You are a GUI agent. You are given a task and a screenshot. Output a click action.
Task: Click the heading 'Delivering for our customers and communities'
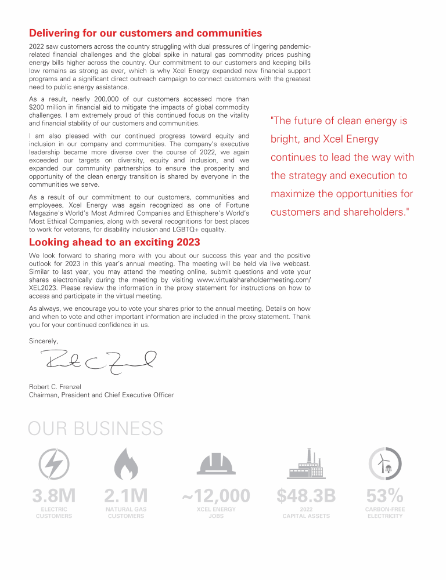(x=145, y=33)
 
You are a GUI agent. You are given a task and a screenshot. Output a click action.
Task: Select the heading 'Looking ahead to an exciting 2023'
(x=114, y=242)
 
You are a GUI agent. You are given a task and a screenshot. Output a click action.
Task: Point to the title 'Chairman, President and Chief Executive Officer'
(x=101, y=395)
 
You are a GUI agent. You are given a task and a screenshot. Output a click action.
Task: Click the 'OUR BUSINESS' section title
(x=96, y=429)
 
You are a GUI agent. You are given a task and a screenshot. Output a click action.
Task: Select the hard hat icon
(x=216, y=464)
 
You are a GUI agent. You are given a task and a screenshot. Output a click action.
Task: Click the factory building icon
(x=306, y=463)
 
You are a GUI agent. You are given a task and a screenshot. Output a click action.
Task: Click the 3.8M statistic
(x=54, y=496)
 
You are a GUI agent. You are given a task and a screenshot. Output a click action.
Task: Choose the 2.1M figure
(x=126, y=496)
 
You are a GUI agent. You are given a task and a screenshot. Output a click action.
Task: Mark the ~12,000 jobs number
(x=216, y=496)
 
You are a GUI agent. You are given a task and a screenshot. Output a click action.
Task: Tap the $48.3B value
(x=306, y=496)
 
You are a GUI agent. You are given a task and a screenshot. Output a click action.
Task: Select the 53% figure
(x=384, y=496)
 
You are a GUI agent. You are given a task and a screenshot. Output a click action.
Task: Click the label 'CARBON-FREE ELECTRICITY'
(x=384, y=513)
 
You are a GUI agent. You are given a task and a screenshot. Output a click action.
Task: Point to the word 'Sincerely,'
(x=44, y=340)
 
